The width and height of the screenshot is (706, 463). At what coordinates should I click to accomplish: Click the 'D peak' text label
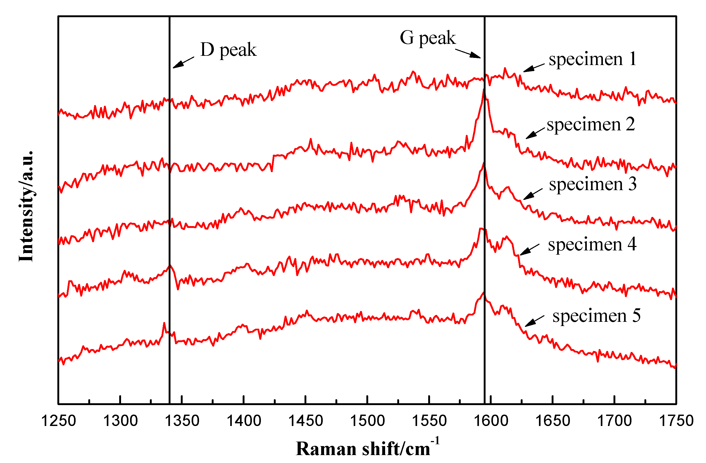(228, 50)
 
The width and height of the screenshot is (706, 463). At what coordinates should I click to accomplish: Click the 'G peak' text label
(427, 38)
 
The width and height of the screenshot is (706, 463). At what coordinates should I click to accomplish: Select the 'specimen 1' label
(592, 59)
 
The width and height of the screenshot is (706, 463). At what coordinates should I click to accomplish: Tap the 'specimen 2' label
(590, 124)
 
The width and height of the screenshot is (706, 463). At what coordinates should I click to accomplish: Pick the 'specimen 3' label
(592, 184)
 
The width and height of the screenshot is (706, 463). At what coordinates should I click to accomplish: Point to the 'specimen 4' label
(592, 245)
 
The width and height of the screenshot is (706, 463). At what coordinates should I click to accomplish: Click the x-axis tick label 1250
(58, 421)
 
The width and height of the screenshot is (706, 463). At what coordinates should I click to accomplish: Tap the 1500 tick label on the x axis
(367, 421)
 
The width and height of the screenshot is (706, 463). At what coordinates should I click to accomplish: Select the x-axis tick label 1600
(491, 421)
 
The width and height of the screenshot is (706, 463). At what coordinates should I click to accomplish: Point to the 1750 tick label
(676, 421)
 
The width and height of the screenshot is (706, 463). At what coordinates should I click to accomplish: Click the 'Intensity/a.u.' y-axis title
(26, 207)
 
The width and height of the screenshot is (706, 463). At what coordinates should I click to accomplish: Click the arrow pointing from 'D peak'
(183, 63)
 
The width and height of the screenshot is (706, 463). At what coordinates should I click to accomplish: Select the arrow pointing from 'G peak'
(468, 54)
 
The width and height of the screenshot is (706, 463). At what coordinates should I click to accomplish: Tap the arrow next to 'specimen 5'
(534, 321)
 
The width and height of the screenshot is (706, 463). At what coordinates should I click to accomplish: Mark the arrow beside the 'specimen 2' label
(535, 133)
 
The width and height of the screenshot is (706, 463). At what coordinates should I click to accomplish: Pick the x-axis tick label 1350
(182, 421)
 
